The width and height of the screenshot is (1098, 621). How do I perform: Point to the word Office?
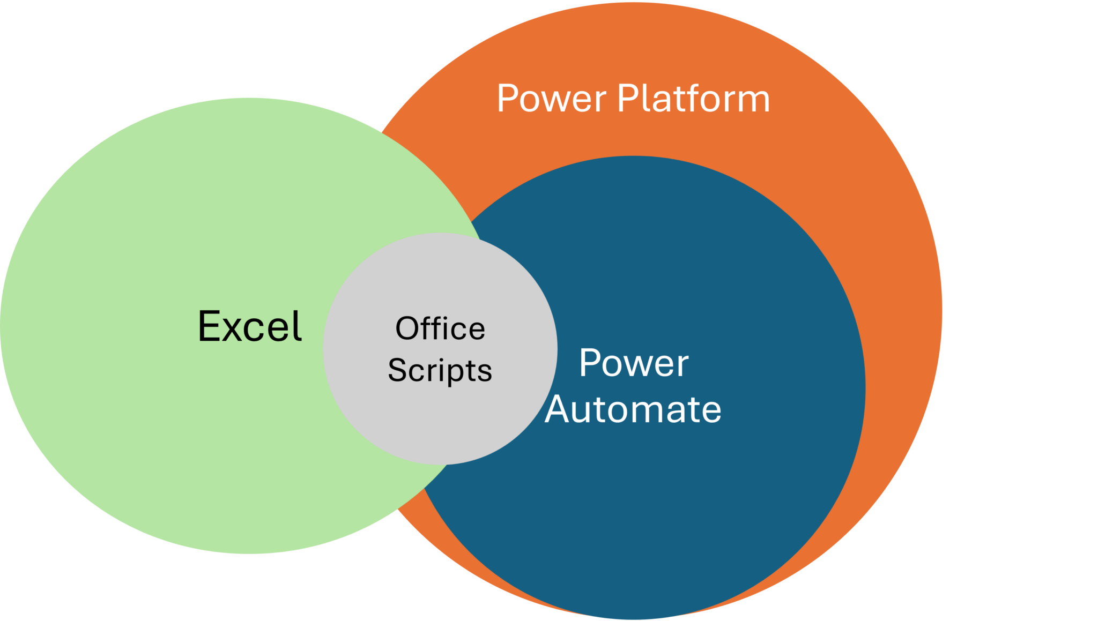point(440,328)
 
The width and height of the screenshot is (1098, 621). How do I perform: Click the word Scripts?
point(440,370)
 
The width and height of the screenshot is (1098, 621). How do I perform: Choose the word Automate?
point(633,410)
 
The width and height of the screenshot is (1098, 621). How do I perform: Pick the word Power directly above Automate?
point(634,363)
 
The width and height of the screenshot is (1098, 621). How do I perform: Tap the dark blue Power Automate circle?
point(697,509)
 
